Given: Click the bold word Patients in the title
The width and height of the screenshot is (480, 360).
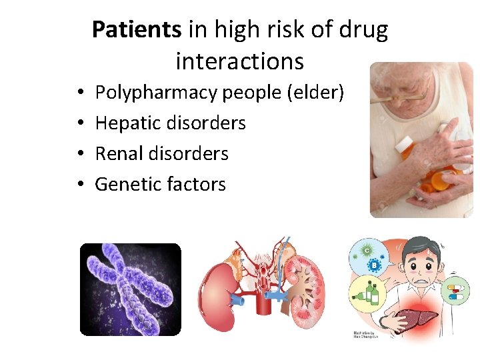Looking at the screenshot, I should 136,30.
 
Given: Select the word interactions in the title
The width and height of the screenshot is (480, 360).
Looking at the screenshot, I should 239,61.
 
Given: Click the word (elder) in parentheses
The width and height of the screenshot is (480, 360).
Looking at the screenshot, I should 315,93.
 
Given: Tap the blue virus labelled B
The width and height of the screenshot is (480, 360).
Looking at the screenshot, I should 375,265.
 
